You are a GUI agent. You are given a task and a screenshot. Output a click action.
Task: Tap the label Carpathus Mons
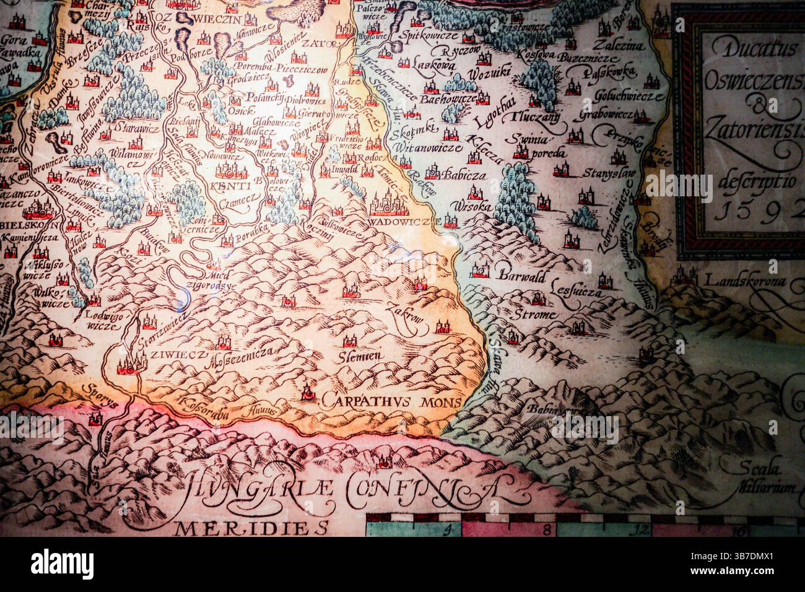pyautogui.click(x=391, y=401)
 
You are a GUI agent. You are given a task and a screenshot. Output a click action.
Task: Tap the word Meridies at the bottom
pyautogui.click(x=253, y=528)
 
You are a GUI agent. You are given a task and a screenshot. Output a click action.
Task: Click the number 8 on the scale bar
pyautogui.click(x=547, y=530)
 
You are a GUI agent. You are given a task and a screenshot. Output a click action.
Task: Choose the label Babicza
pyautogui.click(x=465, y=175)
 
